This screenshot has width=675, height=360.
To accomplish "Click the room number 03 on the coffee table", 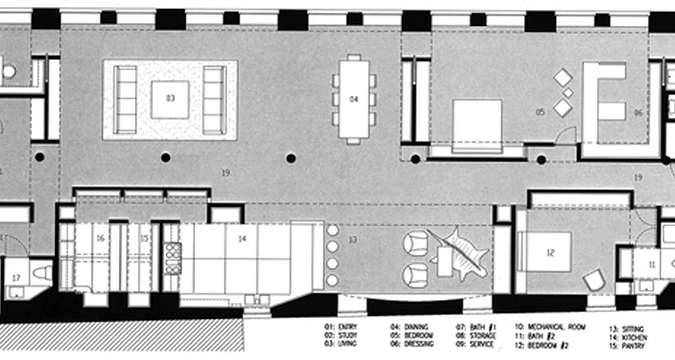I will point(170,99).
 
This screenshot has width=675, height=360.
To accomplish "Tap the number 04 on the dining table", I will point(354,99).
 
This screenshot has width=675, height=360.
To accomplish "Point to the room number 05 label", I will point(540,112).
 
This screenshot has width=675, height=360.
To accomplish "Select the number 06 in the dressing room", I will point(638,113).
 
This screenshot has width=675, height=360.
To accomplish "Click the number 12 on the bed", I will point(550,253).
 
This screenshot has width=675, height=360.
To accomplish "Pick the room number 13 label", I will point(352,240).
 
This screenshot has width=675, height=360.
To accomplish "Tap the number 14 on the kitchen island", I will point(242,239).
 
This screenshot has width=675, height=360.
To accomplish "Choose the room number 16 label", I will point(100,238).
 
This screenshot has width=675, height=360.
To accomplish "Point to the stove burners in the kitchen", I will point(173,258).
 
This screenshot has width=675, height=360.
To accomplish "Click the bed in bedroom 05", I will point(477,121).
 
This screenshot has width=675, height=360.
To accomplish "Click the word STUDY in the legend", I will point(348,336).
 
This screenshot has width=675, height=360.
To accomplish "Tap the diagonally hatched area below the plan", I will point(121,335).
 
